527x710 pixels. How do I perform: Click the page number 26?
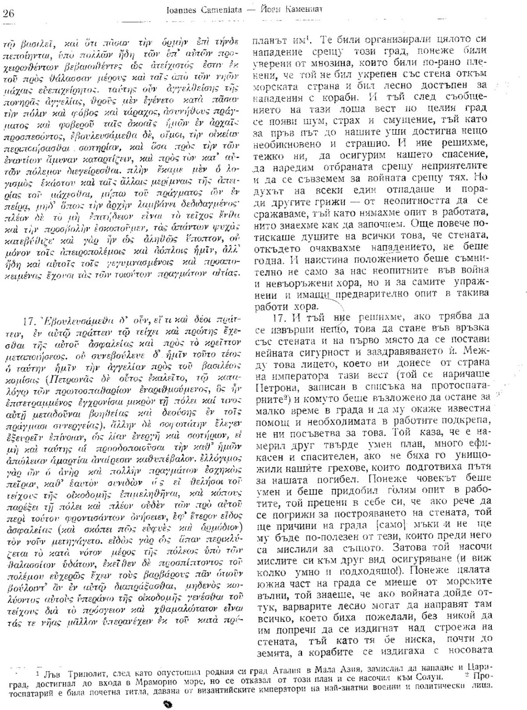tap(8, 13)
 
